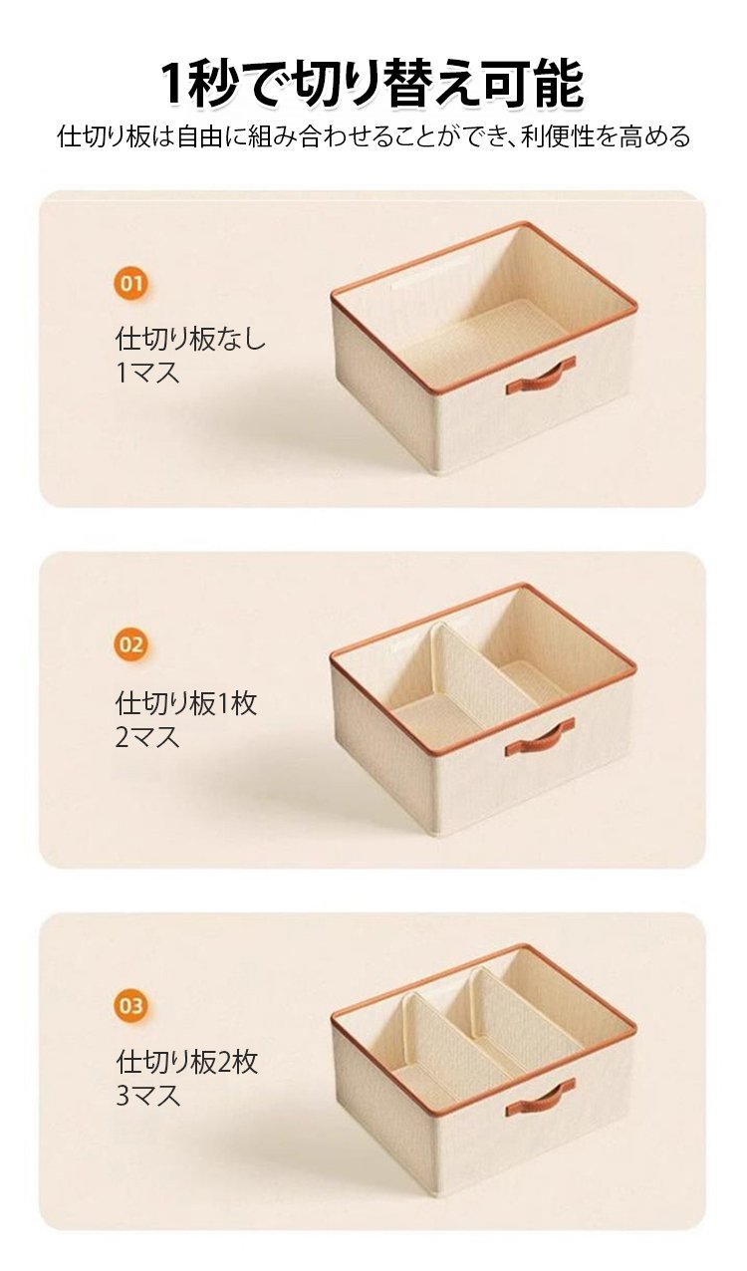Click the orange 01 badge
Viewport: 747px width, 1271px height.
[131, 283]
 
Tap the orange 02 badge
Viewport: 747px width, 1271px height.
[131, 644]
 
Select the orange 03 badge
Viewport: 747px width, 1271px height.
[131, 1005]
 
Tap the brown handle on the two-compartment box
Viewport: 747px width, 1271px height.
[540, 737]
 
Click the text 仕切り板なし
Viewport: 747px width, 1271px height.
[190, 339]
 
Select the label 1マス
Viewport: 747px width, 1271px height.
[147, 373]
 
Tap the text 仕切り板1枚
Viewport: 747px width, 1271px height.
[186, 703]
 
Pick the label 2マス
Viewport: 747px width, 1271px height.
[147, 737]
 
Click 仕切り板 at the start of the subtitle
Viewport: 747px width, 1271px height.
[104, 136]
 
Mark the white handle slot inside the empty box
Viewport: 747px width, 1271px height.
[414, 280]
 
